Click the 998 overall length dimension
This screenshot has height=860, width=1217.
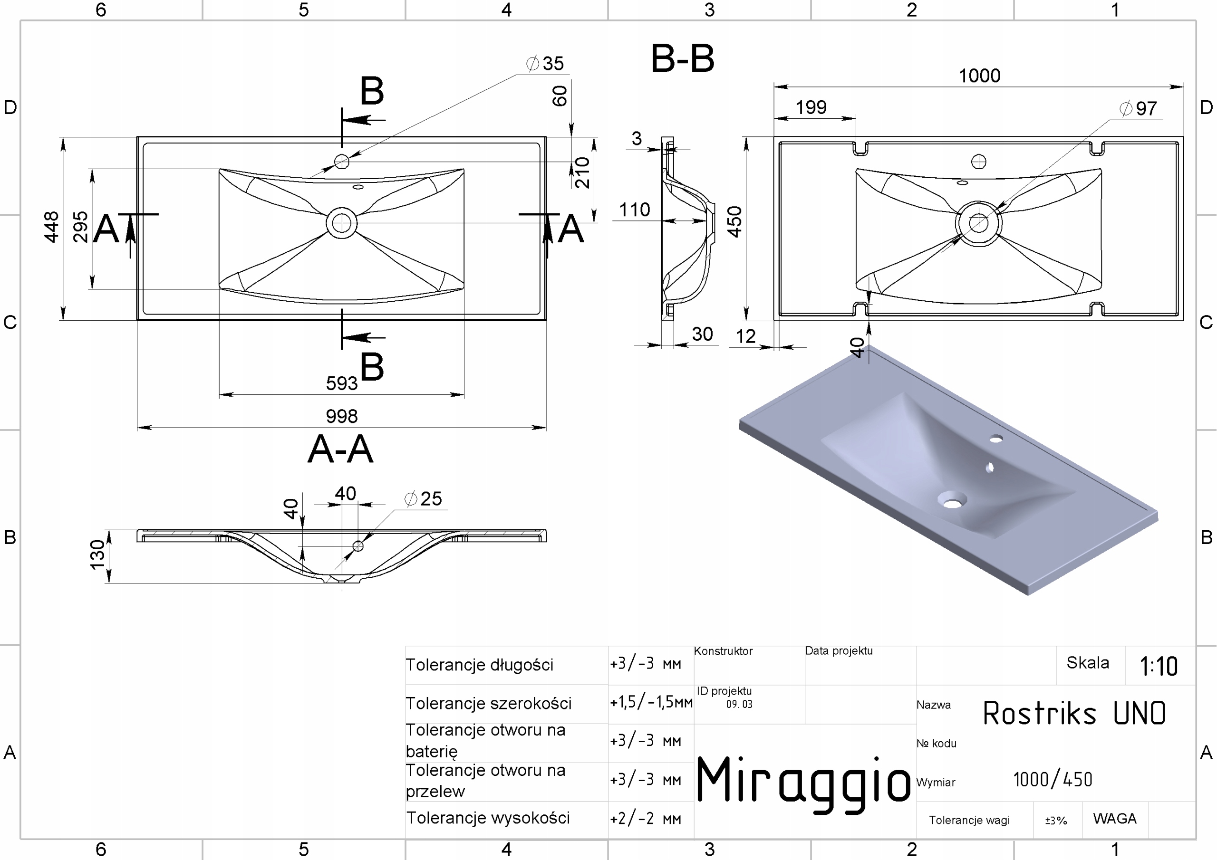341,416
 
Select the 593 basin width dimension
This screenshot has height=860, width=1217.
341,383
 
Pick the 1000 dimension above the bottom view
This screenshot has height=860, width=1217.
979,76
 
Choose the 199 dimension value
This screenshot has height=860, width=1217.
811,107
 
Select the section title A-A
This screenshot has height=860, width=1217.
340,449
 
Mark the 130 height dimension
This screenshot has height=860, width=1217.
97,555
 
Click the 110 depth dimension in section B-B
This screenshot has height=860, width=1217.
635,210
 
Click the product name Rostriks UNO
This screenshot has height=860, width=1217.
1074,713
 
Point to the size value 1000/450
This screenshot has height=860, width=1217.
1053,779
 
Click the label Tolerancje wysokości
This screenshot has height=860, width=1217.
488,818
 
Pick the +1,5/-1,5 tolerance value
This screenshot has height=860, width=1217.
650,702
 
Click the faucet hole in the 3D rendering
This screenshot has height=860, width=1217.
996,439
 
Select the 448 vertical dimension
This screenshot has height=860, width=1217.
51,227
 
